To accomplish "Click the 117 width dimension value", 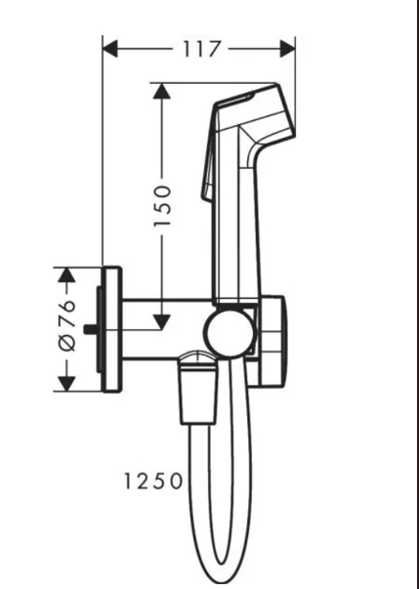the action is (201, 49).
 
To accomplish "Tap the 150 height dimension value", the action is (162, 206).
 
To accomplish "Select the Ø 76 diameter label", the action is (67, 325).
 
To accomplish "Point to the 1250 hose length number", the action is (153, 482).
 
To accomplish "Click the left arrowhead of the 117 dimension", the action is (110, 49).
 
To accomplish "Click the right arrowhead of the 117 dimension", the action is (288, 49).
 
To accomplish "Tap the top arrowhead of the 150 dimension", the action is (162, 91).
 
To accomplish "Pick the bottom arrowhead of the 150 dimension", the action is (162, 322).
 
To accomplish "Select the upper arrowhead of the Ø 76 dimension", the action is (66, 275).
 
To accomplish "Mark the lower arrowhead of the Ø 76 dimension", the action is (66, 384).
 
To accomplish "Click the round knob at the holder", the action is (229, 330).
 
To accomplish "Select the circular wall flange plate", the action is (112, 329).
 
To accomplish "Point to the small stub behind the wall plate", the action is (90, 330).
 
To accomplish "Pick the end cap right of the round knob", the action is (272, 341).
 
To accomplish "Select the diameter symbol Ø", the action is (67, 343).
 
